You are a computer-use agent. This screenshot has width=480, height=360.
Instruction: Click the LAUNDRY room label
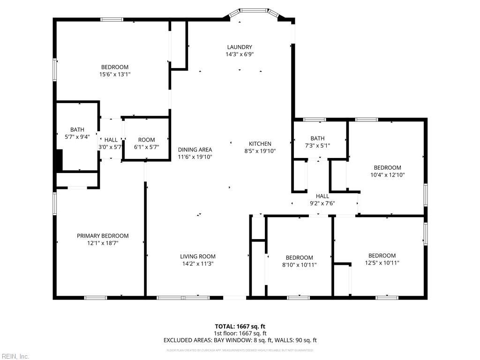[240, 47]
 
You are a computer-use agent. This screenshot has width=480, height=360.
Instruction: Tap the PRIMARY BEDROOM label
[103, 236]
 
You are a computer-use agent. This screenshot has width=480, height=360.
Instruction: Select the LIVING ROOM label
[198, 256]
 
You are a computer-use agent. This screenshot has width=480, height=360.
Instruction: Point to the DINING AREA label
[195, 150]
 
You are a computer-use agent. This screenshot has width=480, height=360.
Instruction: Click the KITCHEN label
[260, 144]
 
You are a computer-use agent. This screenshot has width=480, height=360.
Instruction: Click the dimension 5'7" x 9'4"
[77, 137]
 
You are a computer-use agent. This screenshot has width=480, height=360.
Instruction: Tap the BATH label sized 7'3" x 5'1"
[317, 138]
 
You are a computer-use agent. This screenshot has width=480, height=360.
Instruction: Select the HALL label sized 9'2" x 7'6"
[322, 196]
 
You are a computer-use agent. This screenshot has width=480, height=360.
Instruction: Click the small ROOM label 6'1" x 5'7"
[146, 140]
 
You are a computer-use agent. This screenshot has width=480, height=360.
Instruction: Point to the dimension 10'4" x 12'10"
[387, 175]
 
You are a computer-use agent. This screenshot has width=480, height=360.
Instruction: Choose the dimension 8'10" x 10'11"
[299, 265]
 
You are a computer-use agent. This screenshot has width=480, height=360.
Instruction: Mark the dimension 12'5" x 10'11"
[382, 263]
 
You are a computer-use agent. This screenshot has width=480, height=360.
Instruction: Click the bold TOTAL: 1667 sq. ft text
[240, 326]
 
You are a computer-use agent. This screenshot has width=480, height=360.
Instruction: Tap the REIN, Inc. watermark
[15, 356]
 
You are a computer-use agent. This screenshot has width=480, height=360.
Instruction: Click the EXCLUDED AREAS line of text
[240, 340]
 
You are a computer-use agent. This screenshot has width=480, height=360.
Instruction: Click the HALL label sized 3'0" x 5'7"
[111, 140]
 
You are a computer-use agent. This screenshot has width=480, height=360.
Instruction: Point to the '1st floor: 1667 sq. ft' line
[240, 333]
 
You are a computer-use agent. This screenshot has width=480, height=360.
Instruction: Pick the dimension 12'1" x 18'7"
[103, 243]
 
